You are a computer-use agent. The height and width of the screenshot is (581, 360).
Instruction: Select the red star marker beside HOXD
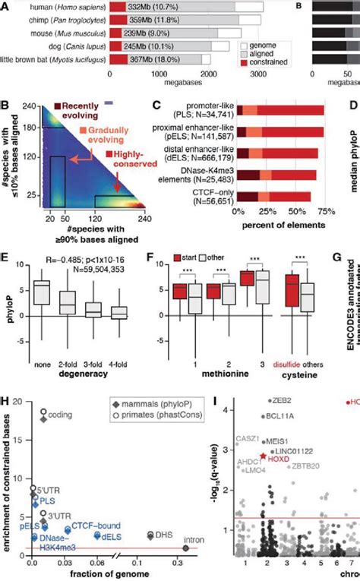tap(263, 458)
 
